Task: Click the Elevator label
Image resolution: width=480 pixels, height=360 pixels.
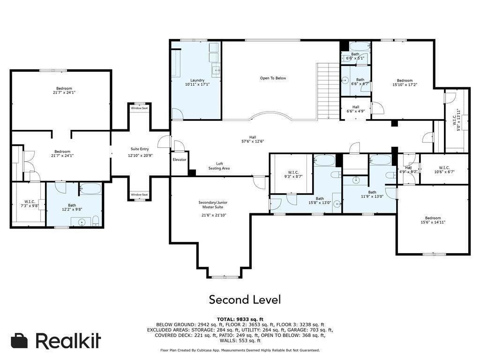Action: tap(180, 160)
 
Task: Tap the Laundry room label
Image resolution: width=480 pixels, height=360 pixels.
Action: tap(197, 82)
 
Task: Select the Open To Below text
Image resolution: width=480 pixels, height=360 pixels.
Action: tap(273, 78)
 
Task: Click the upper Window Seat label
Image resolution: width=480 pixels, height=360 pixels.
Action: tap(139, 108)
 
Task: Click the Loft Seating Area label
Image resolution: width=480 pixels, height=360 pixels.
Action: tap(219, 166)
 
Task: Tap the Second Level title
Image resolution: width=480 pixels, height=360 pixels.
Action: tap(245, 300)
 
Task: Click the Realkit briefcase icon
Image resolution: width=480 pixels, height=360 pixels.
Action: tap(19, 340)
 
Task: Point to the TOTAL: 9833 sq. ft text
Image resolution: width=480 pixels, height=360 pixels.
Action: tap(240, 319)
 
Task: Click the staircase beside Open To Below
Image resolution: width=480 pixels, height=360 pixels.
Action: tap(324, 91)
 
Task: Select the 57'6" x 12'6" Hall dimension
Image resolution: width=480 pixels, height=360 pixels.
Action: tap(253, 142)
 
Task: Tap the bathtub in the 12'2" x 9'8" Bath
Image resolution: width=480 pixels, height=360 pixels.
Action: tap(90, 189)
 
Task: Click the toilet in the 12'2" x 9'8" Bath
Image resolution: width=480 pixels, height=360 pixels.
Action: tap(96, 221)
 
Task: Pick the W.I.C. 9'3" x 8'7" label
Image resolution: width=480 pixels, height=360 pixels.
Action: tap(293, 174)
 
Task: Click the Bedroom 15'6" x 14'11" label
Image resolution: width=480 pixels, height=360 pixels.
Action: tap(433, 220)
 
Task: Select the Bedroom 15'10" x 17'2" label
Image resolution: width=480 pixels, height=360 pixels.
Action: tap(405, 82)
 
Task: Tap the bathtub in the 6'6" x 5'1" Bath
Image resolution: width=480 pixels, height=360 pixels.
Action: tap(360, 46)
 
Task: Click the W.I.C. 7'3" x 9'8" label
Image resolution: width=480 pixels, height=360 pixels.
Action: tap(30, 203)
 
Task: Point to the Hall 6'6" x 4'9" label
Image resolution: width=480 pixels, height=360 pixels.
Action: tap(355, 109)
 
